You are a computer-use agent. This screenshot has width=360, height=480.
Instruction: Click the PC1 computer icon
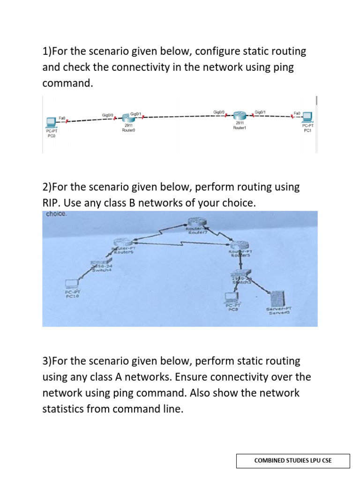click(307, 116)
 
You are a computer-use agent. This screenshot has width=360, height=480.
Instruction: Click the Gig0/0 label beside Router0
click(108, 115)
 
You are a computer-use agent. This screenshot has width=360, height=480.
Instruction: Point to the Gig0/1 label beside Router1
click(260, 112)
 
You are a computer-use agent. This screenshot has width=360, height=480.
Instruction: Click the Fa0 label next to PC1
click(296, 113)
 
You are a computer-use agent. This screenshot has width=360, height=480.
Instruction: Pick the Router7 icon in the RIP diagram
click(194, 222)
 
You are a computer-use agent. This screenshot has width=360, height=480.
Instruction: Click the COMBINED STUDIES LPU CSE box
click(292, 460)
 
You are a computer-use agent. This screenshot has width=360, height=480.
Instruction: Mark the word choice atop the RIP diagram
click(57, 214)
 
